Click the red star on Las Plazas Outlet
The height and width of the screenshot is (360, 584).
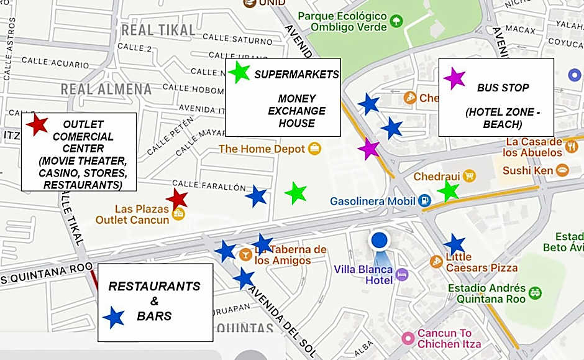(178, 199)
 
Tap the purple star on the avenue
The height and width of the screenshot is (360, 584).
(369, 149)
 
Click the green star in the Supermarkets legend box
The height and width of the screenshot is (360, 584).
(239, 73)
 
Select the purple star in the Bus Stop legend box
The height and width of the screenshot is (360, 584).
(454, 78)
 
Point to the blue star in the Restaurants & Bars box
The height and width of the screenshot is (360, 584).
(114, 318)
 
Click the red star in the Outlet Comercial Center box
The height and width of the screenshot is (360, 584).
(37, 125)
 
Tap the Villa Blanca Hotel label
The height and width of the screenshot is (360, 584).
(363, 275)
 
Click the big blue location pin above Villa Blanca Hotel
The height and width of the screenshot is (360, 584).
(379, 241)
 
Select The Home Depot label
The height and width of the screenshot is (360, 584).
(262, 149)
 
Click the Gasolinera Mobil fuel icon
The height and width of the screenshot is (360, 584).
(424, 201)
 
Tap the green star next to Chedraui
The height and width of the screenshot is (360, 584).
(448, 192)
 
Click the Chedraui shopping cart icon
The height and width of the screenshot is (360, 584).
(468, 177)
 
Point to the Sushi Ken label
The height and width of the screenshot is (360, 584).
(527, 170)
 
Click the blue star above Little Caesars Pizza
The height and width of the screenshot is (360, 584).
(455, 244)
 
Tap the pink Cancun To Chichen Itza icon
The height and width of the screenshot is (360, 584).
(408, 338)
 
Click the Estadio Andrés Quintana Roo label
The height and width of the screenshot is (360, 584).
(487, 293)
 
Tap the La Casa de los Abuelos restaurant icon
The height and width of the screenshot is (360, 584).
(572, 147)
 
